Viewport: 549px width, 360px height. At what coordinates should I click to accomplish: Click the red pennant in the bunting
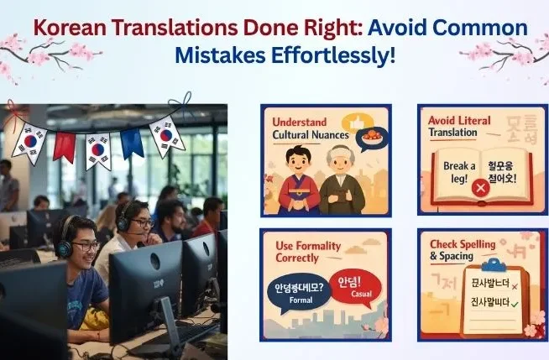point(64,146)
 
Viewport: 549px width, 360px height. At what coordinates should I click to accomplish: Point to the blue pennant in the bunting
point(132,143)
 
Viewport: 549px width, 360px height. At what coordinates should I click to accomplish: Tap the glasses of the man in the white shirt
point(142,222)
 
